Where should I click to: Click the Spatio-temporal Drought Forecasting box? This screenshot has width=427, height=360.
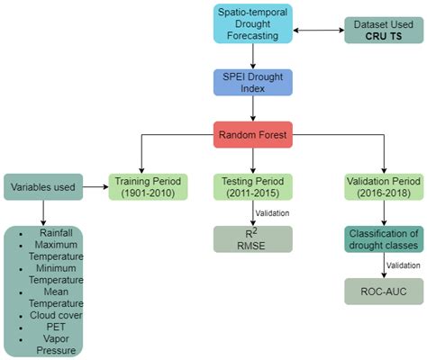pos(252,25)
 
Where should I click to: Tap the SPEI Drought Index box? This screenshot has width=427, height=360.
pos(252,83)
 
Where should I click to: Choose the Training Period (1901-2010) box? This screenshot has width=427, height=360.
pos(148,186)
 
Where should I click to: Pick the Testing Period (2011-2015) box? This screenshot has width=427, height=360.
pos(252,186)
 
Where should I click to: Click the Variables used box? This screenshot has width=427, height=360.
pos(43,187)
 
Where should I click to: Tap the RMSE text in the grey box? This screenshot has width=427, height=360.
pos(252,245)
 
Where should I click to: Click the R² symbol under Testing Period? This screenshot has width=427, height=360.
pos(252,232)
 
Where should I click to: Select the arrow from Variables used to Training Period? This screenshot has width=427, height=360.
pos(95,186)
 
